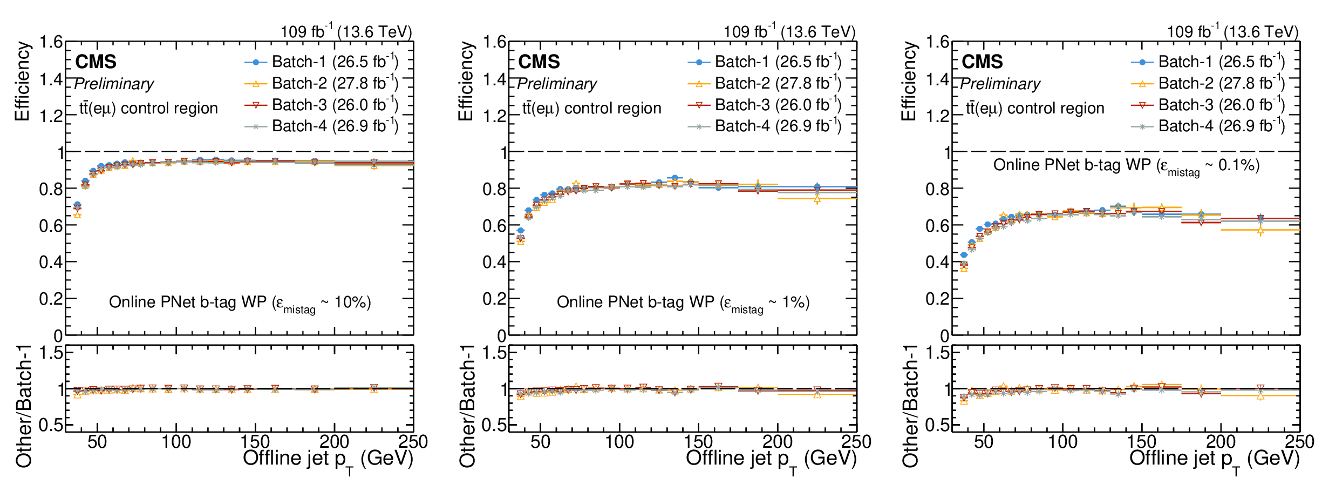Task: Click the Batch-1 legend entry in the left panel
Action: [321, 62]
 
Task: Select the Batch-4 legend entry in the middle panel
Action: [765, 126]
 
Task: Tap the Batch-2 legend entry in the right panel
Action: [1208, 83]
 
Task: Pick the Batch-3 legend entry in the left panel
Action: [321, 104]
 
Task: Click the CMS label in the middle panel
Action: [539, 62]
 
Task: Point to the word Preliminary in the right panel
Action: [1000, 84]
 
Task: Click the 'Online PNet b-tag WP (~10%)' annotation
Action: [240, 303]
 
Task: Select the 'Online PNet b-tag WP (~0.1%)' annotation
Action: [1127, 166]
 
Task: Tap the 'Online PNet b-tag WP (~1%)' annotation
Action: [683, 303]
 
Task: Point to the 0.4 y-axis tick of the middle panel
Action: [495, 262]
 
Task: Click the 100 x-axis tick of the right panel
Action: [1062, 442]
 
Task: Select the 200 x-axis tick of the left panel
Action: [335, 442]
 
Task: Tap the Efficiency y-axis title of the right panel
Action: [909, 82]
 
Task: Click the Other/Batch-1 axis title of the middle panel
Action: [467, 406]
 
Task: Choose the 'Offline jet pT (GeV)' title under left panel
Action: [328, 461]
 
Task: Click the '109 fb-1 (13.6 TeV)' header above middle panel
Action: [789, 31]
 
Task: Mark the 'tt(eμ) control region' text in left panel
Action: [148, 108]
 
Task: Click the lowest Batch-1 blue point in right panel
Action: [964, 255]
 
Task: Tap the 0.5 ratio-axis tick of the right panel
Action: [937, 425]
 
